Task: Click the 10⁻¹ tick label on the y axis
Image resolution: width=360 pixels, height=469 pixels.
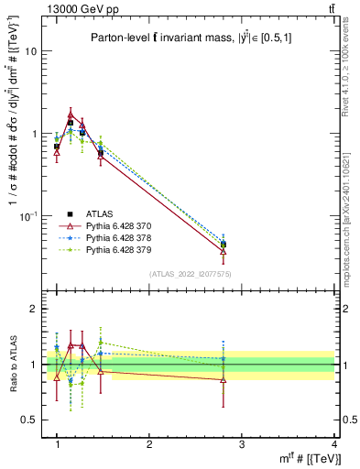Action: (30, 215)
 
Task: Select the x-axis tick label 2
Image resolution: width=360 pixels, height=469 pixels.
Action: (149, 444)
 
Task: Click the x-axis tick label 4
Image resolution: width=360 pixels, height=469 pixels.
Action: (334, 444)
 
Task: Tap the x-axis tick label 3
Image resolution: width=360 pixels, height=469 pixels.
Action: (242, 444)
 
